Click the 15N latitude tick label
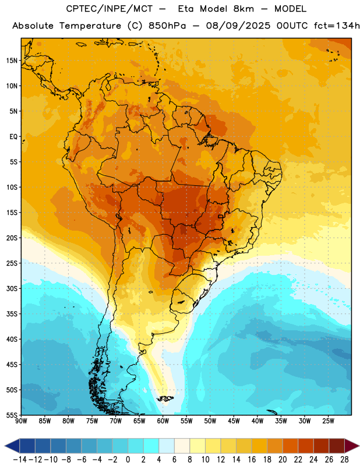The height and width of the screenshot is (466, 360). click(x=12, y=61)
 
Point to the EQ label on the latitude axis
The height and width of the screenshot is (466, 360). click(x=13, y=137)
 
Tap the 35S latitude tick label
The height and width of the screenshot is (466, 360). click(x=12, y=314)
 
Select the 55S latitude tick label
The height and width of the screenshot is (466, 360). click(x=12, y=415)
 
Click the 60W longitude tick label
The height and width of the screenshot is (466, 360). click(x=163, y=421)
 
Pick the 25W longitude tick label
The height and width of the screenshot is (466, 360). click(x=328, y=421)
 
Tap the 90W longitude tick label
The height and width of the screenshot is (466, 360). click(x=21, y=421)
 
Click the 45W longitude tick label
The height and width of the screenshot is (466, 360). click(x=234, y=421)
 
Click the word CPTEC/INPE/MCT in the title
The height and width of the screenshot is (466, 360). click(x=109, y=9)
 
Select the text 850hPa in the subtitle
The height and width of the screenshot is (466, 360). click(x=167, y=26)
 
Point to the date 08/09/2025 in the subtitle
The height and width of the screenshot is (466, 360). click(x=238, y=26)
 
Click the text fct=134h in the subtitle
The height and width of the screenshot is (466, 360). click(x=337, y=26)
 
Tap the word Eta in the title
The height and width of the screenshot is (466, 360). click(x=186, y=9)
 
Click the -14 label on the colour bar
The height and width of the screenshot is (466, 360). click(x=20, y=460)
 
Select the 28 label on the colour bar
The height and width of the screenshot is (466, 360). click(x=344, y=460)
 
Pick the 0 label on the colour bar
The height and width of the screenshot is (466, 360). click(x=128, y=460)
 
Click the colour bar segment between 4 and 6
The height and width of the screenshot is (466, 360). click(x=167, y=446)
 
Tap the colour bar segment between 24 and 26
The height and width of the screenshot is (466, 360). click(x=322, y=446)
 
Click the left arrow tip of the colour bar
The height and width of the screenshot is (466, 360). click(x=5, y=446)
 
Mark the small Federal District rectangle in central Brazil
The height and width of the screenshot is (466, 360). click(x=221, y=216)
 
